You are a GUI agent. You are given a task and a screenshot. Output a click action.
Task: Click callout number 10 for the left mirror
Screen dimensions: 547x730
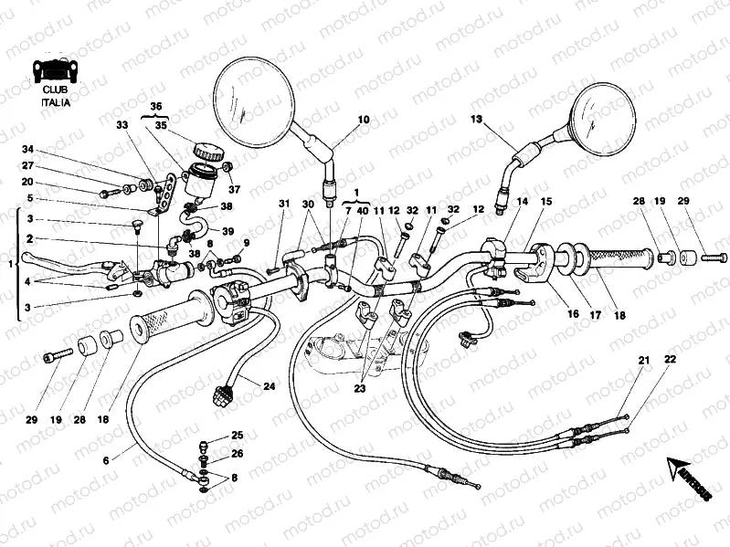(364, 120)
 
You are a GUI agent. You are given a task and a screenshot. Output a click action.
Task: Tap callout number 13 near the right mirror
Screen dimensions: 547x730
(476, 120)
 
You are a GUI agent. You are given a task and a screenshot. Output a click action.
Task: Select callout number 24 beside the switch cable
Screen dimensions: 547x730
(269, 386)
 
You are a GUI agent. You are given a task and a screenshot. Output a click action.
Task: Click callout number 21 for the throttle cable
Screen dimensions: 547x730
(643, 361)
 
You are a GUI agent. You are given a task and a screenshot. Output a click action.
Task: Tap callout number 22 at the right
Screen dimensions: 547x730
(670, 361)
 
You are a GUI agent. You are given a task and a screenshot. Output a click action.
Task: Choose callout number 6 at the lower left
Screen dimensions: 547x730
(105, 460)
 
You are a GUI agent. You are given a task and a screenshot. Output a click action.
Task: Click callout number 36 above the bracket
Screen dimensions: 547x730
(156, 106)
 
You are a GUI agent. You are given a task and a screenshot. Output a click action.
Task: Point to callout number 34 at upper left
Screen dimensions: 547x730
(27, 150)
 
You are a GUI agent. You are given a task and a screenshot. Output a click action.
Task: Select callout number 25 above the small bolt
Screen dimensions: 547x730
(237, 436)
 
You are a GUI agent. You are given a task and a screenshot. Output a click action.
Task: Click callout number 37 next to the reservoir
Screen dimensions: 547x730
(234, 189)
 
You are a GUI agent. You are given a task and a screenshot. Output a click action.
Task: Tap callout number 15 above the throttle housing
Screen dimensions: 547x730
(545, 202)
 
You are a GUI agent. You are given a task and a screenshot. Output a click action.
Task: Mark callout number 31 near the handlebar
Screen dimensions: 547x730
(283, 203)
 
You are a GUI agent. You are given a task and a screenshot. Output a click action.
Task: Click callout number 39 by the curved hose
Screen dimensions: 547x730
(228, 230)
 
